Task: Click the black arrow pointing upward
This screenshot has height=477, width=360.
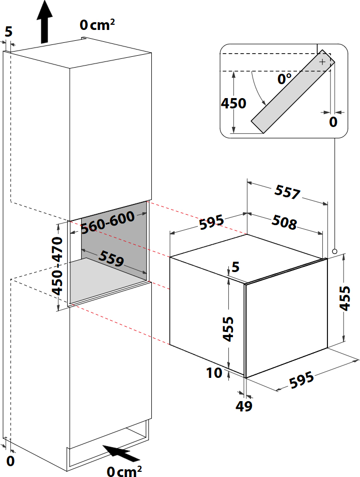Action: click(44, 21)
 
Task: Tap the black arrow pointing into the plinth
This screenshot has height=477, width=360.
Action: click(121, 454)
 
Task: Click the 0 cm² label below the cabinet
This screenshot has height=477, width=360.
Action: click(124, 471)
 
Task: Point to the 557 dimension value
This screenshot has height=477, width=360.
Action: click(287, 192)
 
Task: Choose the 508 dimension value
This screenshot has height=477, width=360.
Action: click(284, 221)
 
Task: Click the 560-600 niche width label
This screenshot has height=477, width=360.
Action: click(108, 222)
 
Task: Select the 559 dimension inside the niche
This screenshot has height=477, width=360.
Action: click(111, 258)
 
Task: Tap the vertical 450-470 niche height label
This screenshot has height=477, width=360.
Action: click(57, 266)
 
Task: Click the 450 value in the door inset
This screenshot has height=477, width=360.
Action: click(233, 103)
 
